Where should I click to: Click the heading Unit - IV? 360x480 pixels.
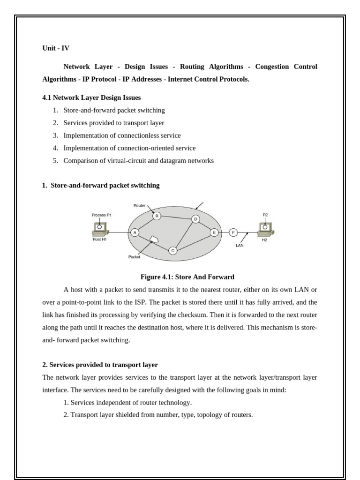point(55,48)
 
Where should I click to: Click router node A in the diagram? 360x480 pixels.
point(135,232)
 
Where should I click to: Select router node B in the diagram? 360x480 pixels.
point(157,216)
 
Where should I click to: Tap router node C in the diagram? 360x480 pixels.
point(172,250)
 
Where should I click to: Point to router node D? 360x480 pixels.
point(195,219)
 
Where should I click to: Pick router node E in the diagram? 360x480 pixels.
point(214,232)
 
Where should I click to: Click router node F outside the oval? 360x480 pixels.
point(233,232)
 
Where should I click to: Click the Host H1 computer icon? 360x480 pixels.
point(100,229)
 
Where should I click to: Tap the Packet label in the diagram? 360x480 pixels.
point(134,257)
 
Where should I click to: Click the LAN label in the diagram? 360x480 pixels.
point(240,245)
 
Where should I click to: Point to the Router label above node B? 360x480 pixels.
point(139,206)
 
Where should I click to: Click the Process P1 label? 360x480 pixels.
point(101,215)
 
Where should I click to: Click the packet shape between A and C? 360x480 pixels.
point(154,240)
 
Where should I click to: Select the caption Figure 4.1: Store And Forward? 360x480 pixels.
point(187,277)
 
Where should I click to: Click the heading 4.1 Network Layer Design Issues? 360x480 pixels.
point(91,97)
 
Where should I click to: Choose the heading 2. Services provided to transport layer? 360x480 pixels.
point(100,364)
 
